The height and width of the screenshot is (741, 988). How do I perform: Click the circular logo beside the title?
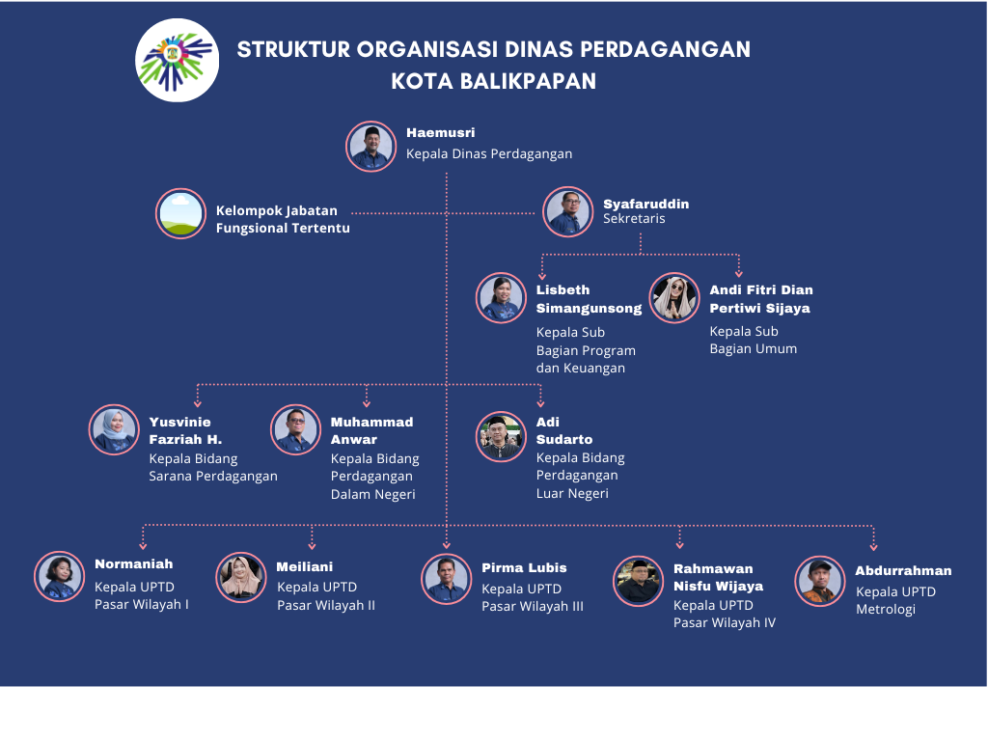[x=178, y=61]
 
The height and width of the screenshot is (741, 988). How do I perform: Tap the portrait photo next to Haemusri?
[x=371, y=147]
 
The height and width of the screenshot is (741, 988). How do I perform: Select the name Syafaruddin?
[x=645, y=204]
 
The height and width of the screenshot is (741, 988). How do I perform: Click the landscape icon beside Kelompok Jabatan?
[x=180, y=213]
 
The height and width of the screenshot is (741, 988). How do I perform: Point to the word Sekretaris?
[x=634, y=219]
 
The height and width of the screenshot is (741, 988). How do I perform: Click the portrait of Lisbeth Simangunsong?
[x=501, y=298]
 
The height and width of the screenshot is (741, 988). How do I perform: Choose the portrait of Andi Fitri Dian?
[x=674, y=298]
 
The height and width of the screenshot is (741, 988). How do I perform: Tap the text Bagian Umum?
[x=753, y=348]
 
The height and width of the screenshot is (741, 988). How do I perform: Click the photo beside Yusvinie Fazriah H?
[x=114, y=429]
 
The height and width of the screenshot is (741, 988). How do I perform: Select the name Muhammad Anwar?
[x=371, y=430]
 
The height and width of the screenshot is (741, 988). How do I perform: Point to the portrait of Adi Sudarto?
[x=501, y=437]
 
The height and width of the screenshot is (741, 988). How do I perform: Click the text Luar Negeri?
[x=572, y=493]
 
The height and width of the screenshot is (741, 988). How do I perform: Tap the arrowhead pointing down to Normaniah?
[x=143, y=546]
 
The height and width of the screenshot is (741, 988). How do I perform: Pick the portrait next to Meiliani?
[x=240, y=577]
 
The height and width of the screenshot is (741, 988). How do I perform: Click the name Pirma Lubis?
[x=524, y=567]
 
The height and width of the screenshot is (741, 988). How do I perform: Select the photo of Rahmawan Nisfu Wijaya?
[x=639, y=581]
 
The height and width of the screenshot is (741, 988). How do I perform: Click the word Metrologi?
[x=886, y=610]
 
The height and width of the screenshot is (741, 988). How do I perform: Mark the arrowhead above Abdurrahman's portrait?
[x=873, y=548]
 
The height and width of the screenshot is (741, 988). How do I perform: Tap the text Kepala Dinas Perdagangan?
[x=489, y=153]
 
